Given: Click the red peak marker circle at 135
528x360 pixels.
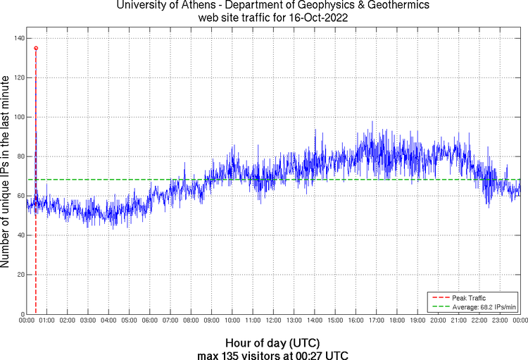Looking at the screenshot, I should [x=36, y=48].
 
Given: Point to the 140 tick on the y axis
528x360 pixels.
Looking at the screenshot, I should [x=20, y=38].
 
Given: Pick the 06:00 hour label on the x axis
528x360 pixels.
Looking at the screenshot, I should [x=149, y=321].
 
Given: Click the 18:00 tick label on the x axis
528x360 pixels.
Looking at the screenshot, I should [x=396, y=321].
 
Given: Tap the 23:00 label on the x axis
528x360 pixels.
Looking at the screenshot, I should [x=498, y=321].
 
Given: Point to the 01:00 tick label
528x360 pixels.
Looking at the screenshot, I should [x=46, y=321].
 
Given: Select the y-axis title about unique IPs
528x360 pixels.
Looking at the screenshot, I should [x=6, y=173].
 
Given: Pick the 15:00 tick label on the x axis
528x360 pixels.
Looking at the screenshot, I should [x=334, y=321].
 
